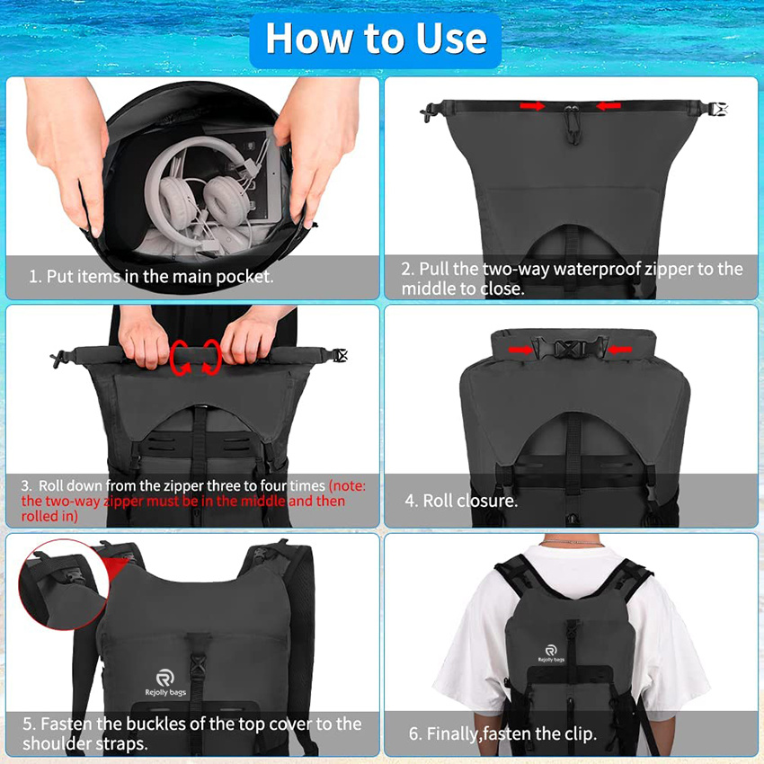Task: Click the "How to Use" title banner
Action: (376, 39)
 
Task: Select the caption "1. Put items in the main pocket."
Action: (151, 277)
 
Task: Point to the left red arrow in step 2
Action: (532, 106)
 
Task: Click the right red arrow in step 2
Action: (609, 106)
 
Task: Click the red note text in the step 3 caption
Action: (180, 501)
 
